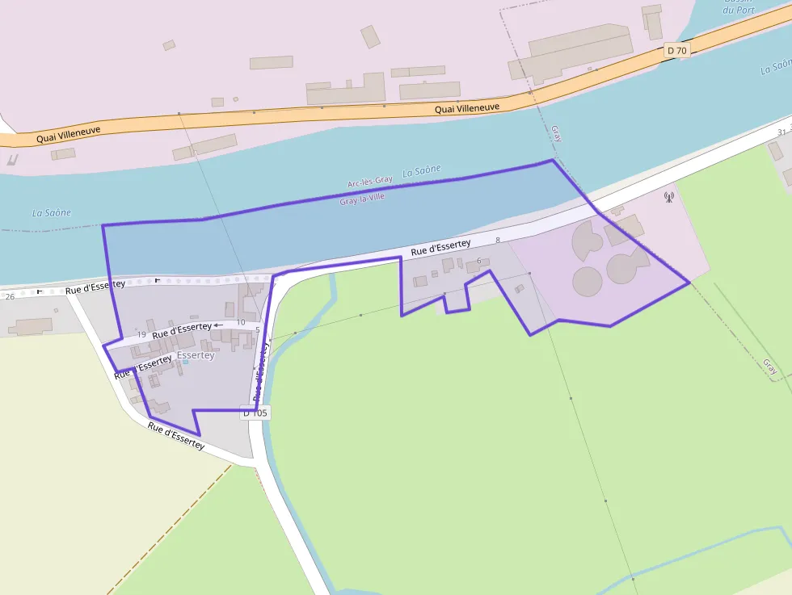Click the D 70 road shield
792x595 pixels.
tap(676, 51)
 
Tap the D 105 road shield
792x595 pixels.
tap(255, 413)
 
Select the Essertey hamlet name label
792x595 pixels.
tap(196, 355)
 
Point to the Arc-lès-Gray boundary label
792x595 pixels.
tap(369, 181)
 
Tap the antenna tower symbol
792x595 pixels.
tap(668, 196)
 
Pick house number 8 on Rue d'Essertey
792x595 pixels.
tap(498, 240)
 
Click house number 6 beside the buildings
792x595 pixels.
tap(479, 260)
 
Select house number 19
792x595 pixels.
tap(141, 334)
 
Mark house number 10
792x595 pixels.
tap(240, 322)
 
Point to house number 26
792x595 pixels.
tap(10, 296)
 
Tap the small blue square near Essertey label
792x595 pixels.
tap(185, 362)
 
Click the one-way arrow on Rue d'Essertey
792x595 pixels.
tap(218, 325)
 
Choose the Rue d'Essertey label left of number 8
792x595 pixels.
tap(440, 247)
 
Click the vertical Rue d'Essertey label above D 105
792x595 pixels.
tap(260, 371)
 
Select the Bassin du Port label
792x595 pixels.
tap(739, 6)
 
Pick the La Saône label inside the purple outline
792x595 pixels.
tap(422, 170)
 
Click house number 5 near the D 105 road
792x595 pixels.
tap(257, 329)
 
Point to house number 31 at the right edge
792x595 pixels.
tap(781, 132)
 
